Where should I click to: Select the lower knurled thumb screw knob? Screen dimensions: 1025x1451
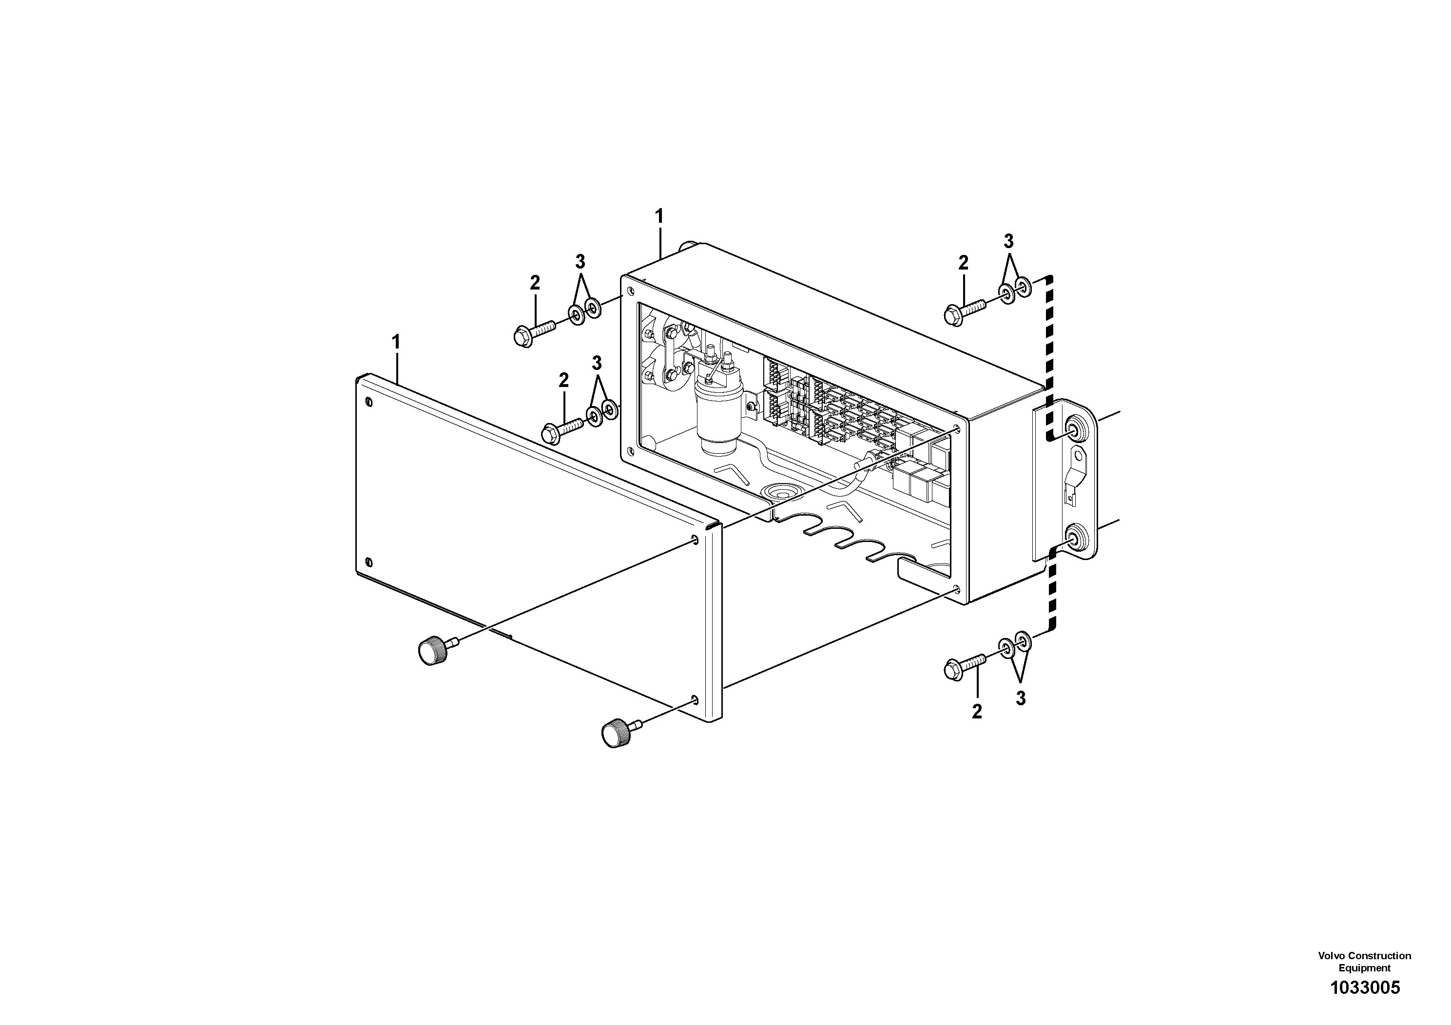tap(615, 734)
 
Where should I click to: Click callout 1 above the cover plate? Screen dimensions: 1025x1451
tap(396, 343)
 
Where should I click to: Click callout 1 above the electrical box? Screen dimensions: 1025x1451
tap(658, 217)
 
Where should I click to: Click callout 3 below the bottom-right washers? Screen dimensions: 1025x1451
tap(1020, 699)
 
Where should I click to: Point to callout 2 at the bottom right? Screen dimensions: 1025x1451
tap(977, 712)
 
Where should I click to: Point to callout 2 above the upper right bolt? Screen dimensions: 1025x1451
tap(963, 263)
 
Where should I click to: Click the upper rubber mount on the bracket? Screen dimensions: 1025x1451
tap(1074, 430)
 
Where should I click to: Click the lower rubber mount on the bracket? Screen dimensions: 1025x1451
tap(1074, 539)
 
